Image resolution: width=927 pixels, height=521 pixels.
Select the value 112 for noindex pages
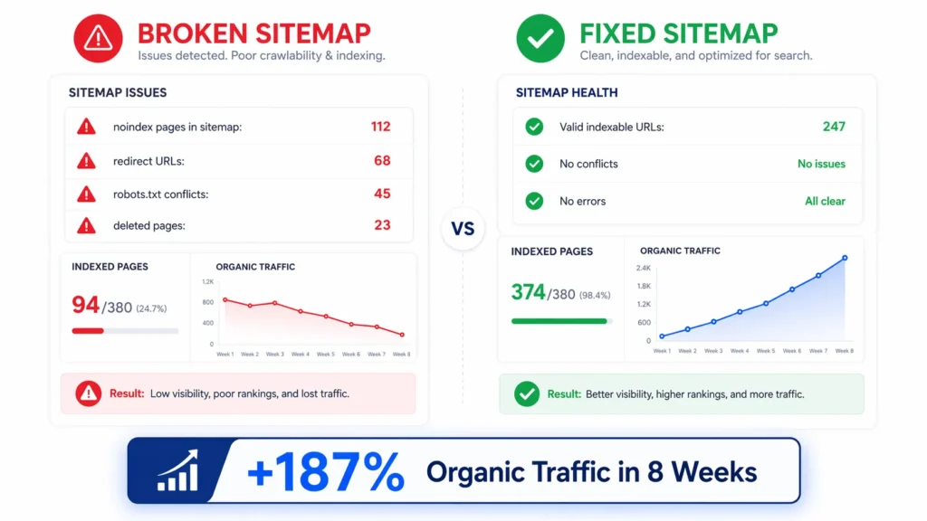(x=380, y=127)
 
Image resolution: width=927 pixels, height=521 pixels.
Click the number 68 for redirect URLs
(x=382, y=161)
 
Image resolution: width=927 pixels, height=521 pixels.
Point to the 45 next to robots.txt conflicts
(x=382, y=194)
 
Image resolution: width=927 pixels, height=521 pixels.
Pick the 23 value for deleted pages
(x=382, y=225)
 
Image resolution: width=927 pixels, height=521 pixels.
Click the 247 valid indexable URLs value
(x=834, y=127)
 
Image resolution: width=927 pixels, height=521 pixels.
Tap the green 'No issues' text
(x=821, y=164)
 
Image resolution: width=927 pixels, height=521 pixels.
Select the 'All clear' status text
(x=825, y=201)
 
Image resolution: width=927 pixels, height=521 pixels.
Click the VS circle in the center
(x=463, y=229)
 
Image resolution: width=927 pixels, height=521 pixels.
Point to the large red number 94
(x=85, y=306)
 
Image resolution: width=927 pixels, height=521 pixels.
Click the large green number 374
(x=528, y=292)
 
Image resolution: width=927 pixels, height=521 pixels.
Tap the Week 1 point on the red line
(x=225, y=299)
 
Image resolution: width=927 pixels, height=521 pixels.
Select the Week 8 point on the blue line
(x=845, y=258)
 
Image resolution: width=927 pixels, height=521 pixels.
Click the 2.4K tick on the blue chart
(x=643, y=269)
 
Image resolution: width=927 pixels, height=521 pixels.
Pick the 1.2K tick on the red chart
(x=207, y=282)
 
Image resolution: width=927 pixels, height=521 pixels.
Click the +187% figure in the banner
(x=326, y=471)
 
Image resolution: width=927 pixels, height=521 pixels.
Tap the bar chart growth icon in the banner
(x=177, y=470)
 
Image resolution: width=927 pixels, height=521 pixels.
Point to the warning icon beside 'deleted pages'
(x=86, y=225)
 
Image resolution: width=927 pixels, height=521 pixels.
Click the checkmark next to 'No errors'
(x=534, y=201)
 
